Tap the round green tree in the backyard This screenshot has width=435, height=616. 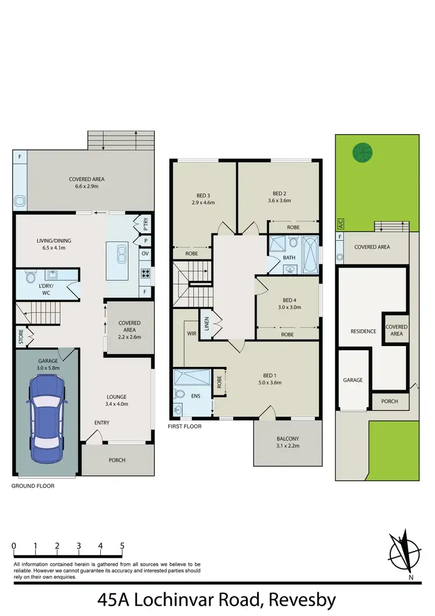tap(362, 152)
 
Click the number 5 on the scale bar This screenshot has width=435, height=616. tap(122, 546)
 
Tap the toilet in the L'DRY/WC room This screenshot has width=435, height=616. tap(32, 278)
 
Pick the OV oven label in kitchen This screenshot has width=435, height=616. tap(144, 253)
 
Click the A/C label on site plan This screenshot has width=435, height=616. tap(340, 223)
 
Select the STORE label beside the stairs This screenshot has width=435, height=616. tap(21, 337)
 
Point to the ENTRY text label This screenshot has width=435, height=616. tap(102, 423)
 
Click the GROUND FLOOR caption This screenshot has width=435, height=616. tap(33, 486)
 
